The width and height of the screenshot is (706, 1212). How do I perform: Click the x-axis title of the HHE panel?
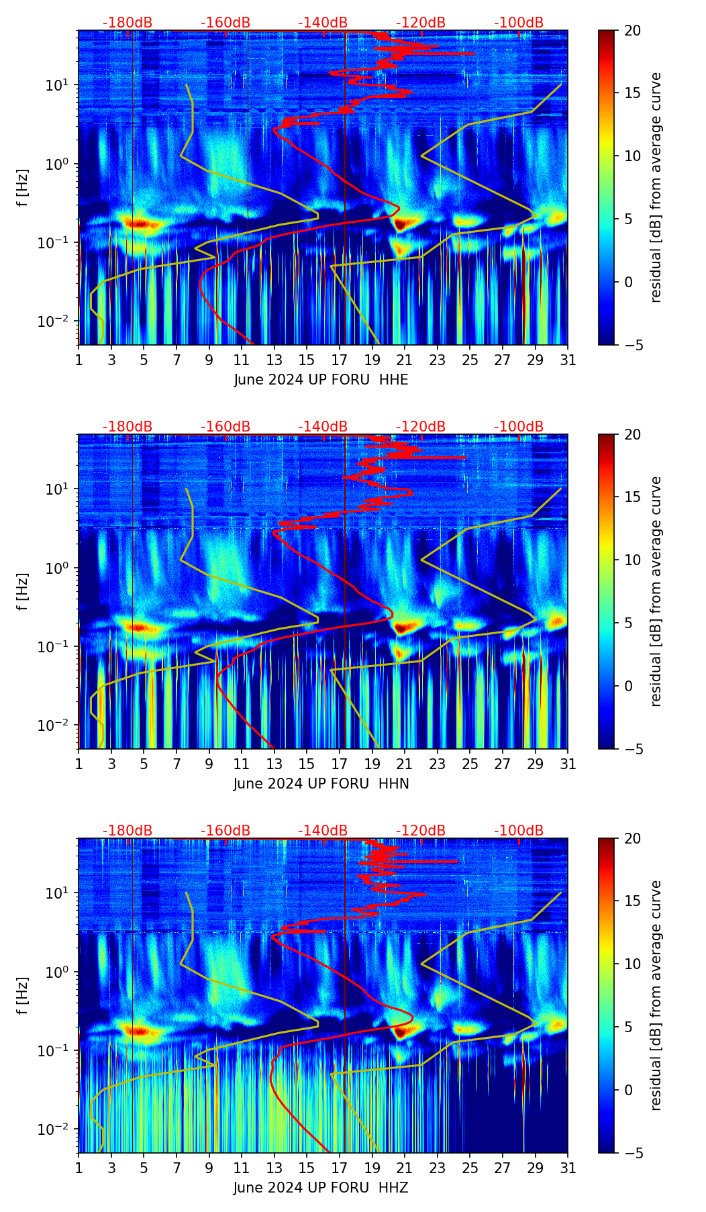321,380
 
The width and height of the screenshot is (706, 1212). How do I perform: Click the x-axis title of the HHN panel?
321,784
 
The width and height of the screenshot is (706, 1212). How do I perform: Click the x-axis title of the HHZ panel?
321,1188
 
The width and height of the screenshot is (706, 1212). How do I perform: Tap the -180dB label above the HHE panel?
128,23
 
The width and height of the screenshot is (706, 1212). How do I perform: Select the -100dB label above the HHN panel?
519,427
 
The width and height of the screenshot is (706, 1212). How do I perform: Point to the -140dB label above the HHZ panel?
323,831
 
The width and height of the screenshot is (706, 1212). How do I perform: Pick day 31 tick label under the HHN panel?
568,764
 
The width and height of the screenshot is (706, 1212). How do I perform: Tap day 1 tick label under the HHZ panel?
79,1168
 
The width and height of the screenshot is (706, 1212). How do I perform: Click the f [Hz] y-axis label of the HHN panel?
23,591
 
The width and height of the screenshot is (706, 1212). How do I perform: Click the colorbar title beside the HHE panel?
656,187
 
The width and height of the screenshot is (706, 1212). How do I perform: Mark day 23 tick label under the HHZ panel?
438,1168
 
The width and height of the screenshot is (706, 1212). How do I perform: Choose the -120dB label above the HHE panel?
421,23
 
